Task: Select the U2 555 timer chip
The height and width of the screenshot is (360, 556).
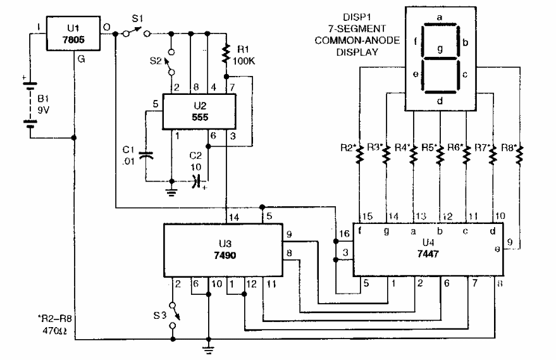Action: tap(199, 112)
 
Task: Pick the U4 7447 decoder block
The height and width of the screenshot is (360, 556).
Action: tap(427, 249)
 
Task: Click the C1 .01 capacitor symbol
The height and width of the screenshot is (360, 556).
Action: tap(147, 155)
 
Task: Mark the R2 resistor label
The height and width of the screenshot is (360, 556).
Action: tap(346, 149)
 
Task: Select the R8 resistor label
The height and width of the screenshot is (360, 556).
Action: tap(509, 149)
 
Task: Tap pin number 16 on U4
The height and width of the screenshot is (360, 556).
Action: tap(344, 234)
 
